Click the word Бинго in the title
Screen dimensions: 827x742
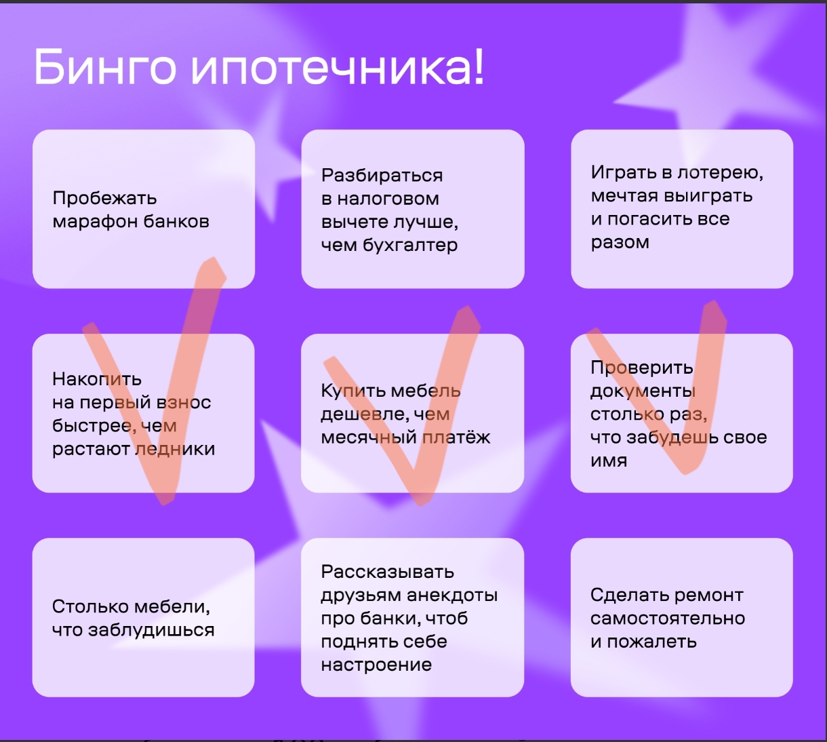click(x=105, y=66)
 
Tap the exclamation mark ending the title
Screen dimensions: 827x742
click(x=479, y=66)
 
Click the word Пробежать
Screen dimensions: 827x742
click(x=104, y=199)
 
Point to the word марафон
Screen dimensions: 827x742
click(x=95, y=222)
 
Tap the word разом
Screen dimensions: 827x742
click(x=620, y=243)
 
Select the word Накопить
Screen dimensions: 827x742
click(x=97, y=379)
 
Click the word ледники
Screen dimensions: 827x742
click(x=175, y=449)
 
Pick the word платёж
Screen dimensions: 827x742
click(x=456, y=437)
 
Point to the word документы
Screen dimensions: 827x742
click(x=643, y=391)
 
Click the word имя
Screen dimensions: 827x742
click(x=609, y=461)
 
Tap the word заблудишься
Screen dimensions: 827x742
click(x=151, y=630)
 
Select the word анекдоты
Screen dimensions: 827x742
click(x=452, y=595)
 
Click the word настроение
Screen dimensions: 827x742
click(x=376, y=665)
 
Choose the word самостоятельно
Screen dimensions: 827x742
click(x=668, y=619)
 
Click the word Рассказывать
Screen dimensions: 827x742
click(x=387, y=572)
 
